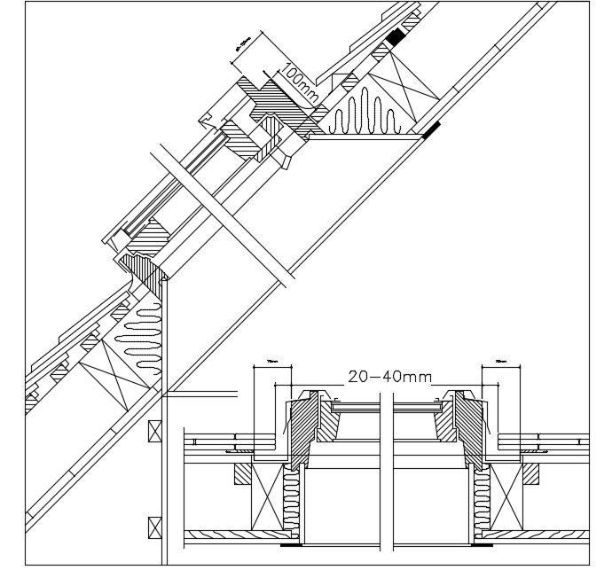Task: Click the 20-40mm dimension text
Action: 390,377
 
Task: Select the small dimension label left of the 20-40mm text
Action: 271,362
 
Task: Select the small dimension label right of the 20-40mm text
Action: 500,362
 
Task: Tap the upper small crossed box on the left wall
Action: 156,432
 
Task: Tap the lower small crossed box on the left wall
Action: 156,524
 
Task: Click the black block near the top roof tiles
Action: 395,37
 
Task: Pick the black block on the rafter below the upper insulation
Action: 430,132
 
